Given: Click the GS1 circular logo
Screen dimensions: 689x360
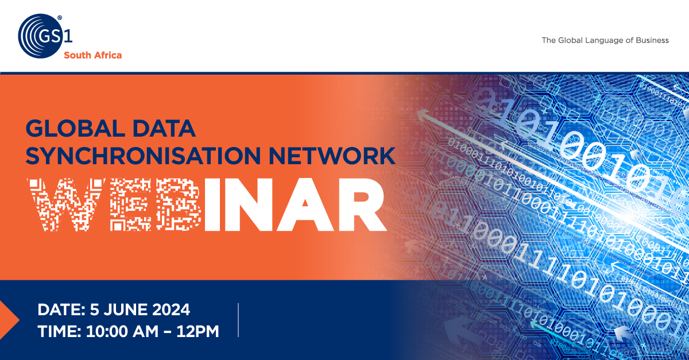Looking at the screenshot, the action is pos(41,36).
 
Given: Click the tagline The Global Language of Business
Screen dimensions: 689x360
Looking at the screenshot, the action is pos(605,40).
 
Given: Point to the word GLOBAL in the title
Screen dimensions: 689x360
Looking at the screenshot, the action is pos(75,128).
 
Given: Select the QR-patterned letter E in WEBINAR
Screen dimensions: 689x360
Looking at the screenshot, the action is pos(131,204).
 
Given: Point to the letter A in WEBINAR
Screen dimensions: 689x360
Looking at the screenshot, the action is pos(305,204).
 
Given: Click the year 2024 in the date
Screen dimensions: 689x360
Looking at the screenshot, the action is pos(171,309).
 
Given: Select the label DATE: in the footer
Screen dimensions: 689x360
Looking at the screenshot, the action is pos(61,309).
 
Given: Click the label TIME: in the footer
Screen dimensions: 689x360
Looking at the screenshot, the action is pos(59,331).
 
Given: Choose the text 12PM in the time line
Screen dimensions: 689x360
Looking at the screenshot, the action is pos(198,331).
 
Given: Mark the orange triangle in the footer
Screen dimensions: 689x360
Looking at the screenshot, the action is pos(9,320).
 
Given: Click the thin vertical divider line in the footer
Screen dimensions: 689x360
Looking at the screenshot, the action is pos(238,320).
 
